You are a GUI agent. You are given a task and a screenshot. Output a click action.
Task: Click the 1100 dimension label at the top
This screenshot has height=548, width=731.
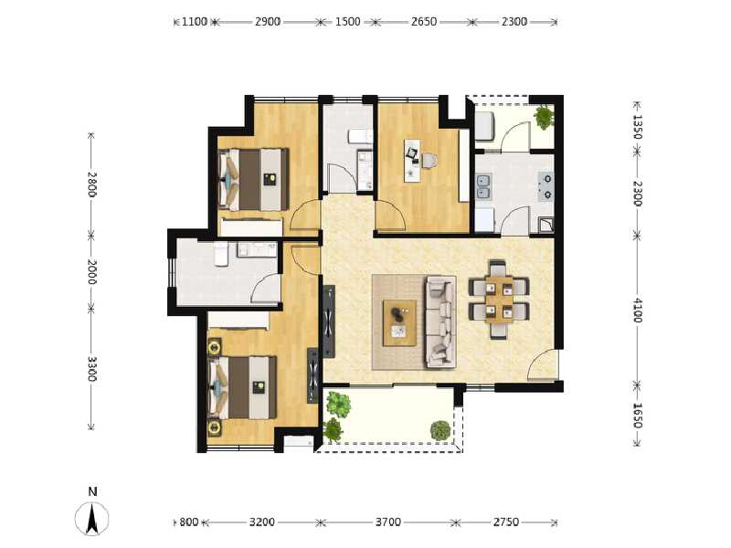coord(195,22)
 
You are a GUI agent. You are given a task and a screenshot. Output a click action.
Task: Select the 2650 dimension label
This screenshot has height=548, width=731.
coord(424,22)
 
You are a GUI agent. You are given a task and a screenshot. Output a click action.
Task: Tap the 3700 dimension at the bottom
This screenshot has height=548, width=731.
coord(387,522)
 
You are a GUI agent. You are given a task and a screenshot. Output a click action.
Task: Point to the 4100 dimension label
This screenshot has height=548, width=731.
coord(637,311)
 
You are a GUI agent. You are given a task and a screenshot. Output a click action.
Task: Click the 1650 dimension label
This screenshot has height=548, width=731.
coord(637,416)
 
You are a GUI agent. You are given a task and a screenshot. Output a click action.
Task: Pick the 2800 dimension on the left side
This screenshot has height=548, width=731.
coord(92,184)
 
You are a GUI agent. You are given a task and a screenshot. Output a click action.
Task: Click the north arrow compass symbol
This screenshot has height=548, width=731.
coord(92,519)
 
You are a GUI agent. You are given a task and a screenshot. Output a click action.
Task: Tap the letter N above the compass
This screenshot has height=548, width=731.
coord(92,491)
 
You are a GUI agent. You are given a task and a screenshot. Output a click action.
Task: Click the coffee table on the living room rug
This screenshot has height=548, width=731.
coord(399,323)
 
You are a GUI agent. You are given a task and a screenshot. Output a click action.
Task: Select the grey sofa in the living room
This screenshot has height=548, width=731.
coord(440,322)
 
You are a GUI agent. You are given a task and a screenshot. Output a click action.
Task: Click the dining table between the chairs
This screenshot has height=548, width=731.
coord(499,300)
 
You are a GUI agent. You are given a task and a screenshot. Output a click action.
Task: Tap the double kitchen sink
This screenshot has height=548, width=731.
coord(483,186)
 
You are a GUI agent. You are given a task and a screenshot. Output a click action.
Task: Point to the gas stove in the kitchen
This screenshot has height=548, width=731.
coord(546,185)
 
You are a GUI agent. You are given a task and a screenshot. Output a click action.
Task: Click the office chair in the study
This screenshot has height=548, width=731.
coord(429,161)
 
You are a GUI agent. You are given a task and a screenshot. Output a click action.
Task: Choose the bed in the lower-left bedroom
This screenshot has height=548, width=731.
coord(242,387)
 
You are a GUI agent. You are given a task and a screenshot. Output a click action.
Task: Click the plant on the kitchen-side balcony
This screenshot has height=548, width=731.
coord(544,117)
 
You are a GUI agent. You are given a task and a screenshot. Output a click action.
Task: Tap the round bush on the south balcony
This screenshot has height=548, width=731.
coord(440,429)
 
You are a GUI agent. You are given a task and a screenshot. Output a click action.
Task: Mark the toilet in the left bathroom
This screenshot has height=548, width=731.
coord(221,254)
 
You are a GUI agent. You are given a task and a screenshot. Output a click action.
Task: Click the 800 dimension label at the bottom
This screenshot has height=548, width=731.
coord(189,522)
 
